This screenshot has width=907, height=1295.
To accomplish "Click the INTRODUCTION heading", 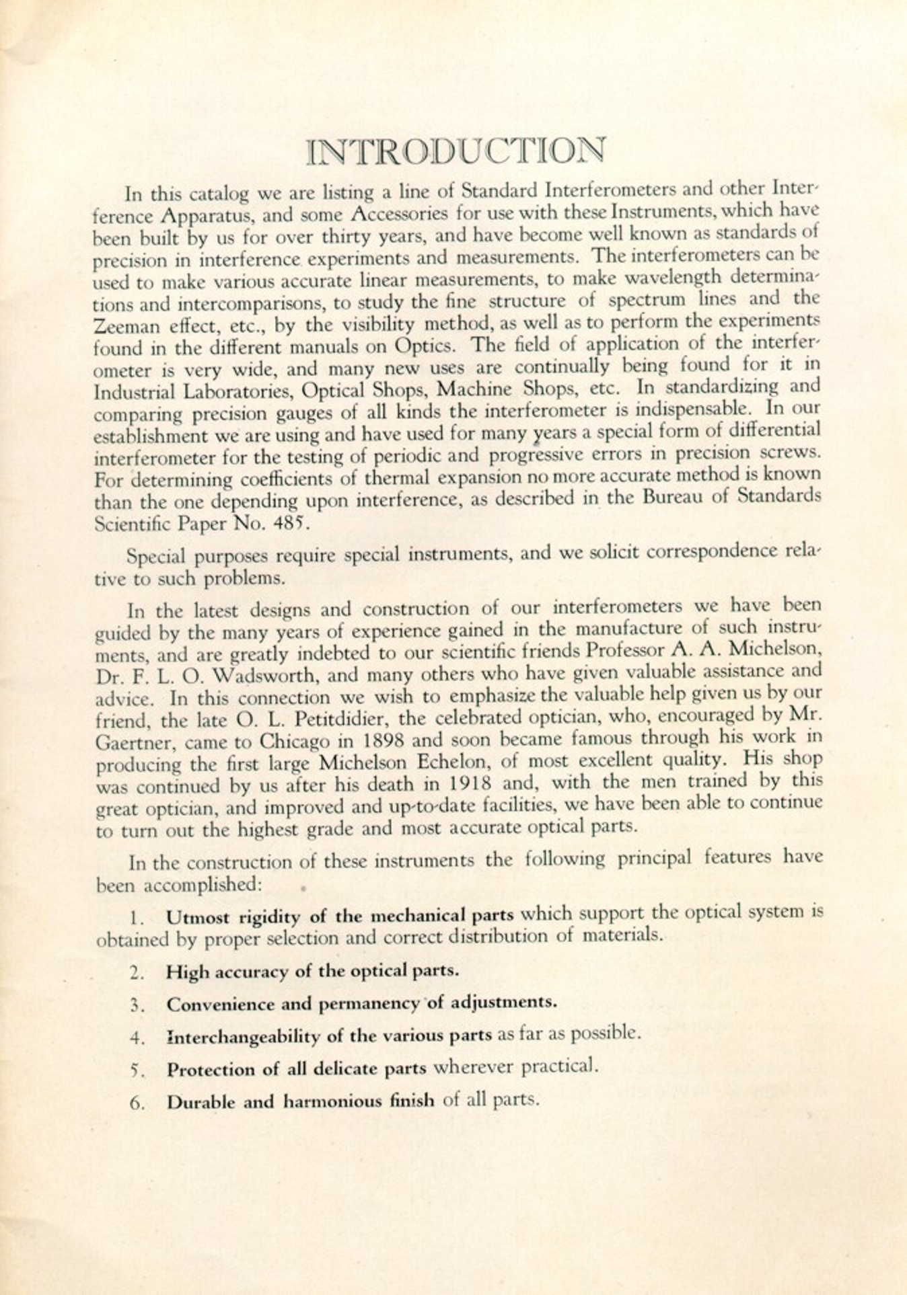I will pyautogui.click(x=456, y=151).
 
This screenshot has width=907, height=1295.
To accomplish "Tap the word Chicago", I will pyautogui.click(x=293, y=742).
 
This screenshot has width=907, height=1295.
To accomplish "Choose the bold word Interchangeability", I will pyautogui.click(x=243, y=1036).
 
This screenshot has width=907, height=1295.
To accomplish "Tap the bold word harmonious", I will pyautogui.click(x=332, y=1101).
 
